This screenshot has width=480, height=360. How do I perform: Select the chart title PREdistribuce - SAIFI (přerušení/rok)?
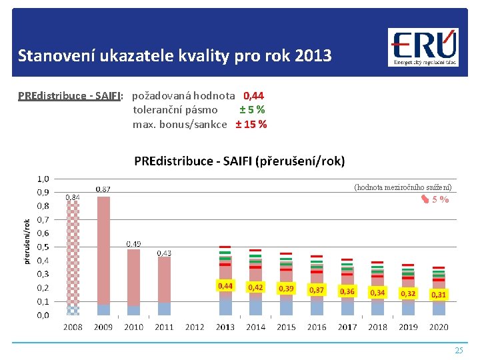239,161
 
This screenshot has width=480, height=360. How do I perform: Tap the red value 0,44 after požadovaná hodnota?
253,96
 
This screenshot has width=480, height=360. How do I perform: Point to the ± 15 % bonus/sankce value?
251,124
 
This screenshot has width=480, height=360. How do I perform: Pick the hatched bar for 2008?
73,253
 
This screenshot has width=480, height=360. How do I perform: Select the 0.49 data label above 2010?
134,244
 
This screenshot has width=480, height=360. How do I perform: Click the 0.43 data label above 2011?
164,253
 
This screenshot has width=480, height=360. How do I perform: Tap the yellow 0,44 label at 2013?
225,286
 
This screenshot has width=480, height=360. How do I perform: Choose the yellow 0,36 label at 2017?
347,291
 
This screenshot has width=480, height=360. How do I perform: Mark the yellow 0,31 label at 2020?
439,294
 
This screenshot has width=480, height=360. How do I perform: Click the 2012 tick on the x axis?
195,327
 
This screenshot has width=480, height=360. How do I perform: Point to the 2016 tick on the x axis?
317,327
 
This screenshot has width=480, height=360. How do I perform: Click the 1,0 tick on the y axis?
43,179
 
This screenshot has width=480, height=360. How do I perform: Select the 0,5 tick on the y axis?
43,247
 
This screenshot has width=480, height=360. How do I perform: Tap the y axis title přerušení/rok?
27,241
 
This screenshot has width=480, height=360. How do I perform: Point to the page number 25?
458,350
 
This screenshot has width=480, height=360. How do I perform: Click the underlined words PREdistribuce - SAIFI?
70,96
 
